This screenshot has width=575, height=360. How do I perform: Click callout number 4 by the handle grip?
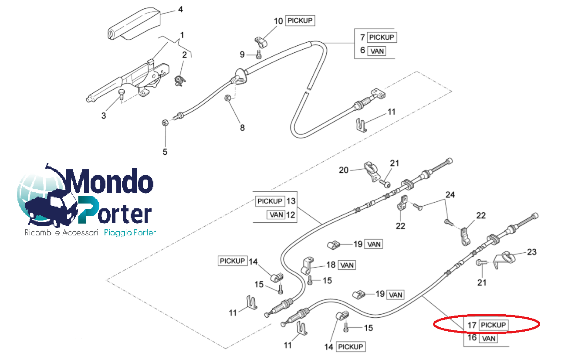(x=180, y=9)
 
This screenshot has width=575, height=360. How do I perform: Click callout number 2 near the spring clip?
(x=184, y=54)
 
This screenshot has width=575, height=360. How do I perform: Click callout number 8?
(x=242, y=128)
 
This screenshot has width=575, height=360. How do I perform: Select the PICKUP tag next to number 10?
(x=300, y=20)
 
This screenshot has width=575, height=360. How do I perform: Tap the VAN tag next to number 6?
(x=377, y=51)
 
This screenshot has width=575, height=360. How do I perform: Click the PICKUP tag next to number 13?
(x=270, y=201)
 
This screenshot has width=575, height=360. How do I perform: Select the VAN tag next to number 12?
(x=276, y=214)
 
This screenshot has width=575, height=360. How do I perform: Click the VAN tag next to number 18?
(x=347, y=265)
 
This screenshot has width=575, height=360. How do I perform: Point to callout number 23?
(x=532, y=252)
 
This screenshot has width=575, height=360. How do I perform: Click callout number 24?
(x=450, y=194)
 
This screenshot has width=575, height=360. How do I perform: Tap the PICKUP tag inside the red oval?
(x=494, y=325)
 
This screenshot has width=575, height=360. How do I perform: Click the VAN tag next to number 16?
(x=488, y=338)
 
